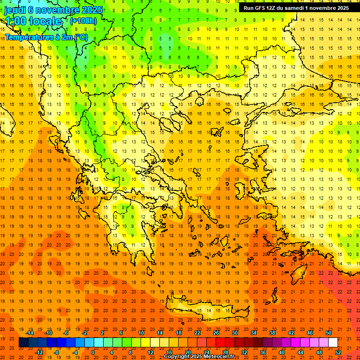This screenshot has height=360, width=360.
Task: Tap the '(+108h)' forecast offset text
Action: pos(83,21)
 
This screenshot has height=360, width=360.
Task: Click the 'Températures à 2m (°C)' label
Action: pos(46,37)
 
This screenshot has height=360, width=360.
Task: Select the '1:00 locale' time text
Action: pos(33,21)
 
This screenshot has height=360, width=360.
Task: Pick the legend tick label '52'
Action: pos(338,352)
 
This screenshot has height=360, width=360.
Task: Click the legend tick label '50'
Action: pos(329,333)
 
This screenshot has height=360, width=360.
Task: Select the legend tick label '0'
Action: pos(93,352)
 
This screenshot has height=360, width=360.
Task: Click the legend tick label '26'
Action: pos(216,333)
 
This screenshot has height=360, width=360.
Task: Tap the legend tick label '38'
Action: pos(272,333)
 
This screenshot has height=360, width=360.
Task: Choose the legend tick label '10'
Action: pos(141,333)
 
